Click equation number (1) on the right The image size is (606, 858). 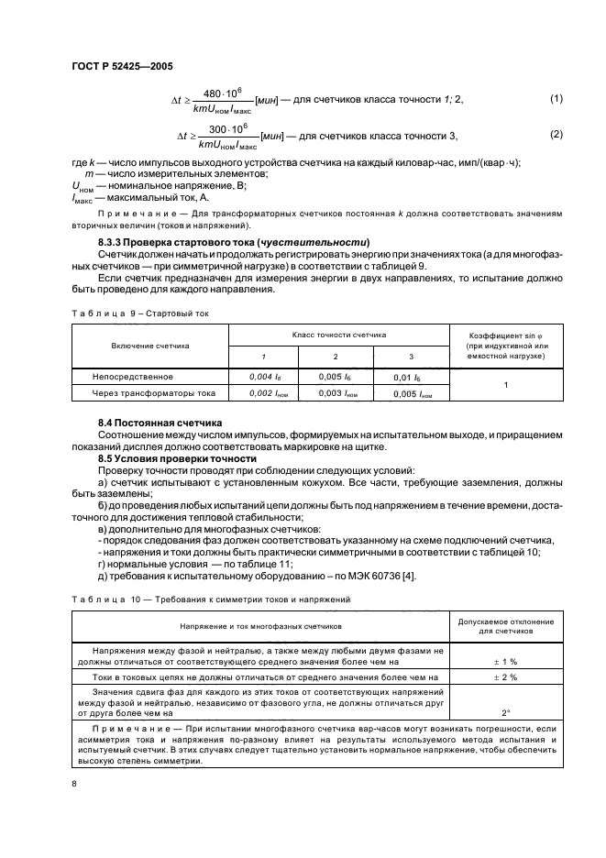click(x=555, y=98)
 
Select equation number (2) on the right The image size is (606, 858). click(x=555, y=135)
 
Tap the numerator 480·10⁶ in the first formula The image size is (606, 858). click(x=223, y=92)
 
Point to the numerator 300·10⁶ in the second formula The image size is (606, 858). click(x=223, y=128)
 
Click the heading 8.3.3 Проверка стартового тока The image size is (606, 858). click(x=202, y=241)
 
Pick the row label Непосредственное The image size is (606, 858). click(x=133, y=376)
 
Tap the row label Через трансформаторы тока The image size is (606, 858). click(x=154, y=392)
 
